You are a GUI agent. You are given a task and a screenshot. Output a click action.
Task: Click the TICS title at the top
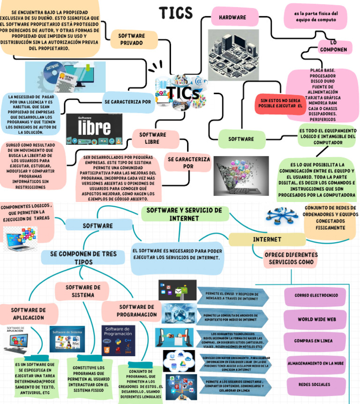[x=176, y=13]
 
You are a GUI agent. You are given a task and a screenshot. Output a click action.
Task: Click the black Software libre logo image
[x=94, y=129]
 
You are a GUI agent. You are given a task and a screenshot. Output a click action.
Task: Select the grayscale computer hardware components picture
[x=233, y=55]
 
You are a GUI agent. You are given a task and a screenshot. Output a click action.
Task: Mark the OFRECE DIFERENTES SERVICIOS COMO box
[x=291, y=258]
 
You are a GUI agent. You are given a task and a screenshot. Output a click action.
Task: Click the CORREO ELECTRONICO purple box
[x=316, y=296]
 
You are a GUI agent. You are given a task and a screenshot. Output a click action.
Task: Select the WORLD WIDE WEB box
[x=317, y=319]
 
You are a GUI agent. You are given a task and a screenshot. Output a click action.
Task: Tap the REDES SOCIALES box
[x=314, y=384]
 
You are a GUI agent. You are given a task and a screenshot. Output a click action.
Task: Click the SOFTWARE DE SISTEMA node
[x=83, y=291]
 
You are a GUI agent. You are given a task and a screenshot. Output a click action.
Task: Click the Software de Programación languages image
[x=118, y=341]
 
